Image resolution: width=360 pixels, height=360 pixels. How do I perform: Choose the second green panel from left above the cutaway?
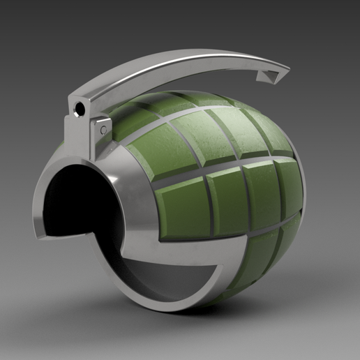[226, 199]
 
